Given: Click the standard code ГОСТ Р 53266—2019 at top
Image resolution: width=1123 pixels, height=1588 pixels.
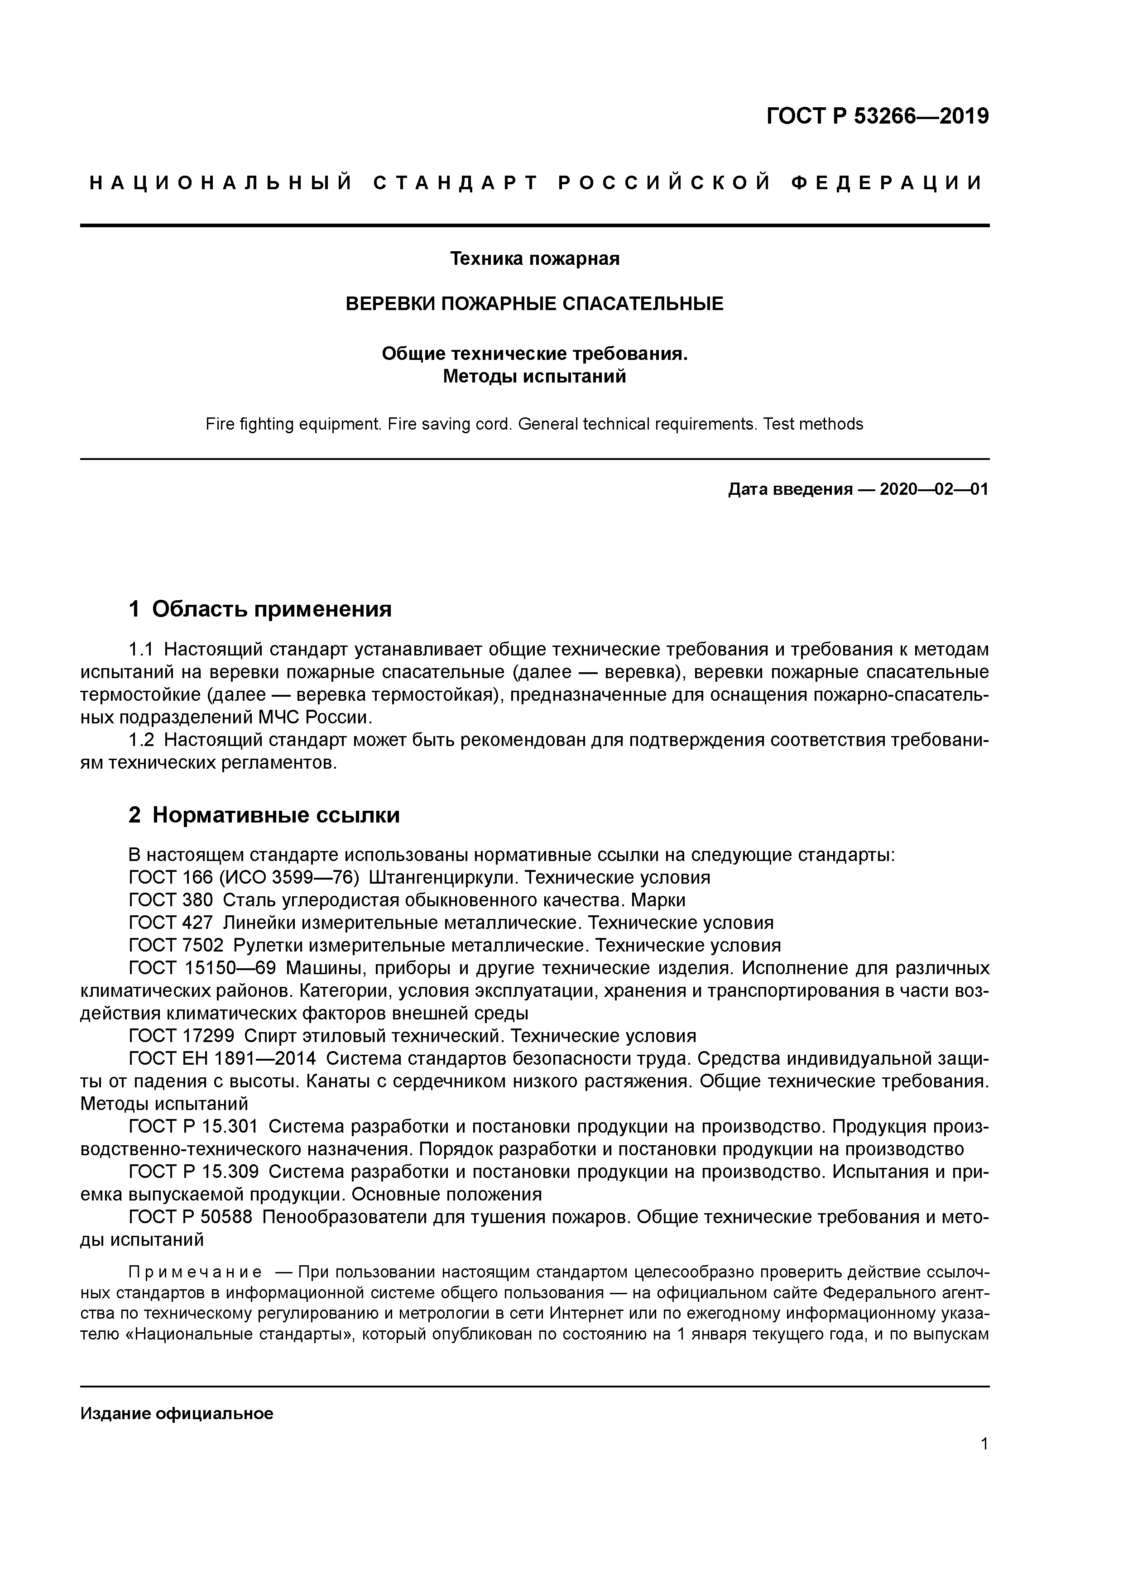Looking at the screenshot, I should [878, 116].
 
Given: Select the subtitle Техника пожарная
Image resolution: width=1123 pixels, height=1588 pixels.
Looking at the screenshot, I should [534, 258].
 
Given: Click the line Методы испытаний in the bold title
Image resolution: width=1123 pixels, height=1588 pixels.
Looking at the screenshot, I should [534, 377].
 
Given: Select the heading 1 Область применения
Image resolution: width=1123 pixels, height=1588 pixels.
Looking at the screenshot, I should [260, 609].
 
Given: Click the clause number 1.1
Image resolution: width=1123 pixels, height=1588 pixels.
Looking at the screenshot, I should [140, 650].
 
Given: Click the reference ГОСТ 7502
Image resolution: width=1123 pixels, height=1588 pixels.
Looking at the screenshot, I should [176, 946].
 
